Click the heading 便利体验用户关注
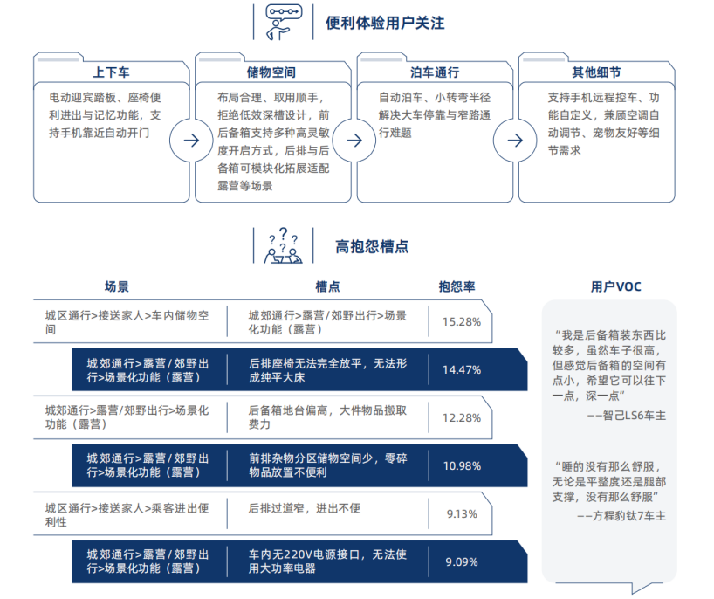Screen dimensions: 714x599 pyautogui.click(x=385, y=23)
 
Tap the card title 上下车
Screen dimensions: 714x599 pyautogui.click(x=111, y=72)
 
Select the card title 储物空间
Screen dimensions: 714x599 pyautogui.click(x=271, y=72)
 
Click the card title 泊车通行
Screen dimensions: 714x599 pyautogui.click(x=435, y=72)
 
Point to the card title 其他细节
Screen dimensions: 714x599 pyautogui.click(x=596, y=72)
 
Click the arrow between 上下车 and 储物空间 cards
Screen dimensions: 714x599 pyautogui.click(x=191, y=141)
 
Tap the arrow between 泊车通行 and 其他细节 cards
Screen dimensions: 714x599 pyautogui.click(x=515, y=141)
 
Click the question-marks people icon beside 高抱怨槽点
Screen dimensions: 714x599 pyautogui.click(x=283, y=246)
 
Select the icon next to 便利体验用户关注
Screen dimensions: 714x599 pyautogui.click(x=284, y=22)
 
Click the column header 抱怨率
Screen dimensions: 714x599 pyautogui.click(x=457, y=286)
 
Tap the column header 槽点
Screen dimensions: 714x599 pyautogui.click(x=328, y=286)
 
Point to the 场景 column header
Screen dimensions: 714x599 pyautogui.click(x=117, y=286)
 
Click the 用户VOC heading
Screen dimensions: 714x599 pyautogui.click(x=615, y=286)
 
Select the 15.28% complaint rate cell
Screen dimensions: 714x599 pyautogui.click(x=462, y=322)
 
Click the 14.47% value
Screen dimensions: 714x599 pyautogui.click(x=462, y=370)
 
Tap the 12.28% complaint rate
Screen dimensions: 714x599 pyautogui.click(x=462, y=418)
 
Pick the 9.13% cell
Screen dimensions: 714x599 pyautogui.click(x=462, y=514)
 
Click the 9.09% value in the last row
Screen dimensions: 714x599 pyautogui.click(x=462, y=562)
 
